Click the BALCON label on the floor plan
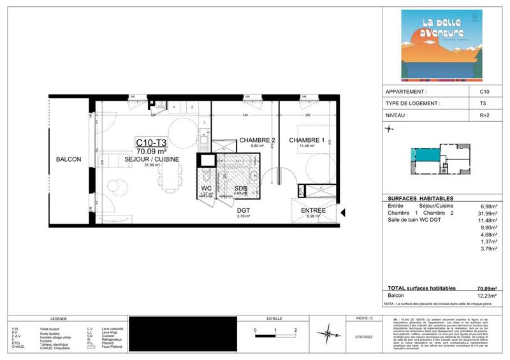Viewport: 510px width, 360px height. pos(68,159)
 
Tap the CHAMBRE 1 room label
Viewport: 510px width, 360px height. pos(307,140)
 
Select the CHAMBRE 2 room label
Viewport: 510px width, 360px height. pos(257,140)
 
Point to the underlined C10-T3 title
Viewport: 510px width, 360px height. pos(152,142)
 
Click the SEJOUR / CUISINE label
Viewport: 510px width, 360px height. pos(152,159)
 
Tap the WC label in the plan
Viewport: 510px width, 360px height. pos(206,189)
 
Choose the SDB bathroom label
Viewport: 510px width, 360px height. pos(240,189)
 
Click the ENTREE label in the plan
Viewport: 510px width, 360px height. pos(313,210)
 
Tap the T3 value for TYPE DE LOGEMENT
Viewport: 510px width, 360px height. pos(484,103)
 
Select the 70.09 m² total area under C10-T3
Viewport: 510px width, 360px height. pos(152,151)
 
